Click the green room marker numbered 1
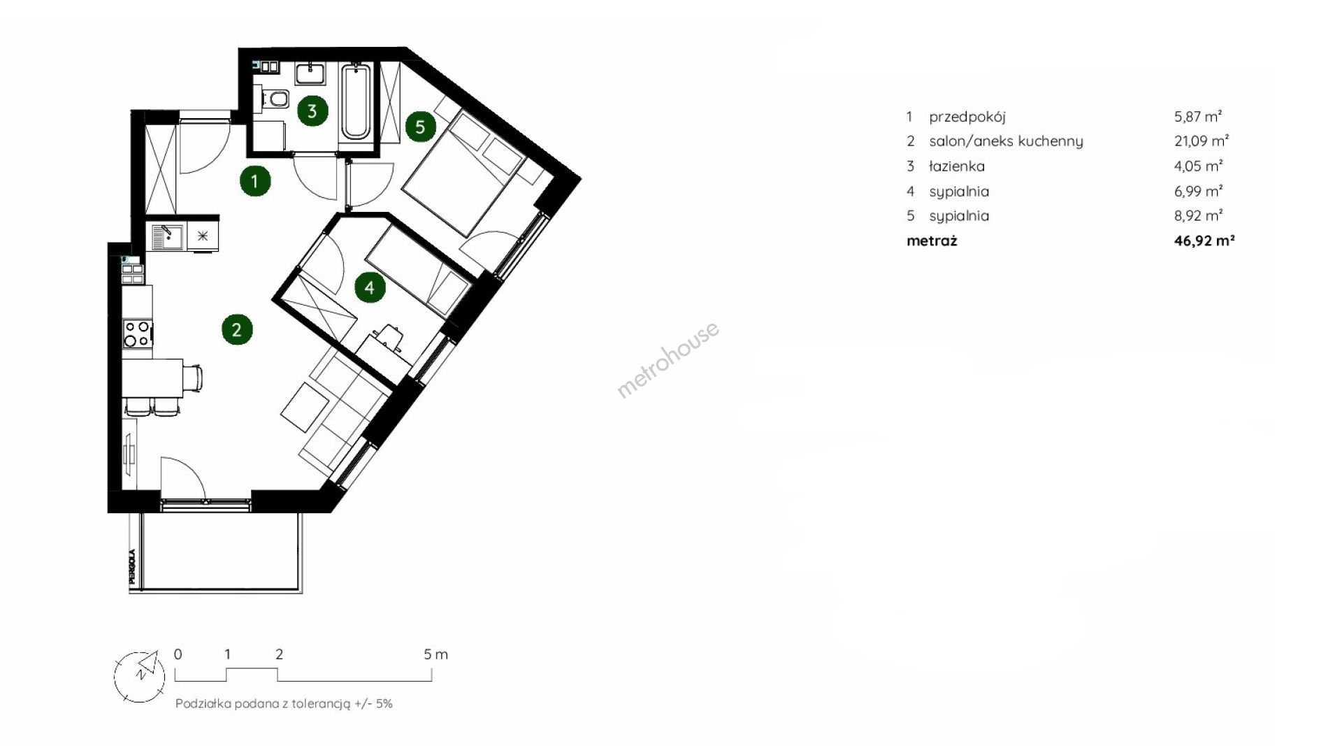[255, 182]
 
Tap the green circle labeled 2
[237, 329]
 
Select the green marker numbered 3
[312, 110]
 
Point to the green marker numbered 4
[370, 287]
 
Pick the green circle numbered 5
[420, 127]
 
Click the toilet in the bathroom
[277, 99]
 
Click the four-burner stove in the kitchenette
[137, 333]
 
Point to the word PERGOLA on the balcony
[131, 567]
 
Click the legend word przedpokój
[967, 117]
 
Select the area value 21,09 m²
[1202, 141]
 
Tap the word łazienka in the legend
[957, 166]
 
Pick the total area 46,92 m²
[1204, 241]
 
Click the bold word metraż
[932, 241]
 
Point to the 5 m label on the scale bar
[435, 654]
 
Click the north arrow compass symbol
[140, 675]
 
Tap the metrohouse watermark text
[668, 360]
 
